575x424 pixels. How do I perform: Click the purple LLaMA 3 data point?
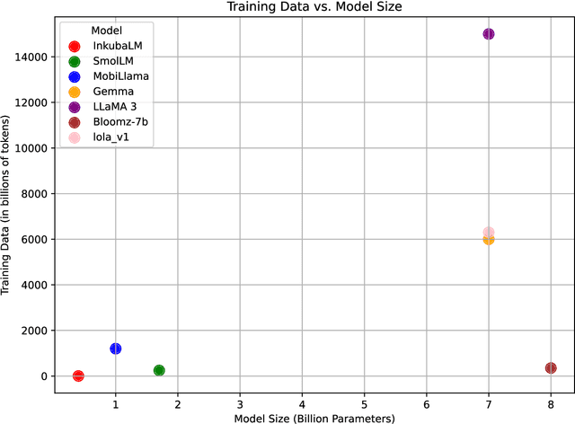[x=489, y=34]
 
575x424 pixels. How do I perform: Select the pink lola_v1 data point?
[x=489, y=233]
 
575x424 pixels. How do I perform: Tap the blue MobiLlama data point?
[x=116, y=349]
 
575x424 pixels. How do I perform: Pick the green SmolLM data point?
[x=159, y=370]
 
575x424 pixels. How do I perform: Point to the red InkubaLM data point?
[x=78, y=375]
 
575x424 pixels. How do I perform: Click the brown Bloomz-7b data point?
[x=551, y=368]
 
